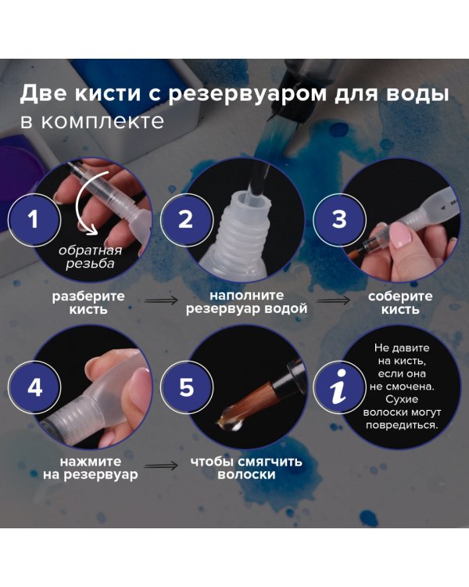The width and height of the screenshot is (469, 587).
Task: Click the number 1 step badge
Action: (x=33, y=219)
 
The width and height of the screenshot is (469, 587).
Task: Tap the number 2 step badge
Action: (x=185, y=219)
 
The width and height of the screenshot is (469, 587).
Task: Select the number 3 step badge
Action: (x=338, y=219)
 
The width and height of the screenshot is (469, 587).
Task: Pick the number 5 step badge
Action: (x=185, y=389)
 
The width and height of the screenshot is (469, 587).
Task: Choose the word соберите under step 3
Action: (x=401, y=297)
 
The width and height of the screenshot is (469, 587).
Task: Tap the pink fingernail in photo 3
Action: (x=399, y=235)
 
